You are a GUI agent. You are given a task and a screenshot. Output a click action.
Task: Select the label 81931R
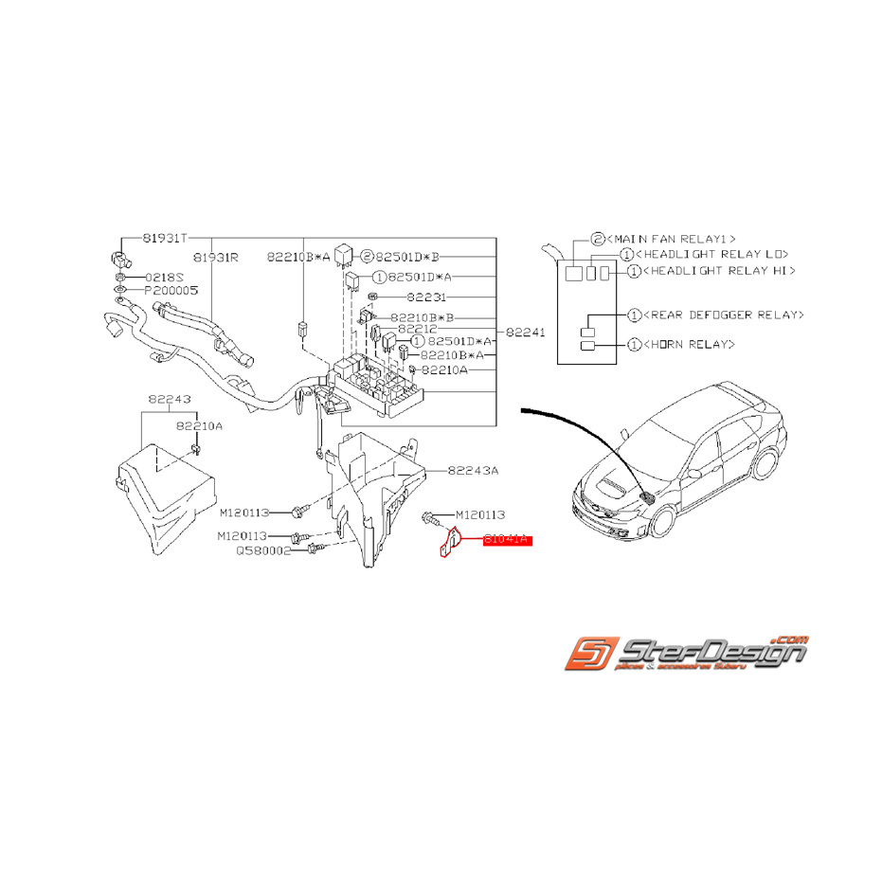[x=215, y=257]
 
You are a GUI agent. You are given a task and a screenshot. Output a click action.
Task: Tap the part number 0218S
[x=163, y=277]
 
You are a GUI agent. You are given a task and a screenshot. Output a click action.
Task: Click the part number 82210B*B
[x=423, y=317]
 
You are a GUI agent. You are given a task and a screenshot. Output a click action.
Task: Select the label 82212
[x=418, y=330]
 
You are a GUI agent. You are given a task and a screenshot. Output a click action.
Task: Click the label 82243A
[x=473, y=470]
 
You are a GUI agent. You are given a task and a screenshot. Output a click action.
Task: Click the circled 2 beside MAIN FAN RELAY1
[x=597, y=240]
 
